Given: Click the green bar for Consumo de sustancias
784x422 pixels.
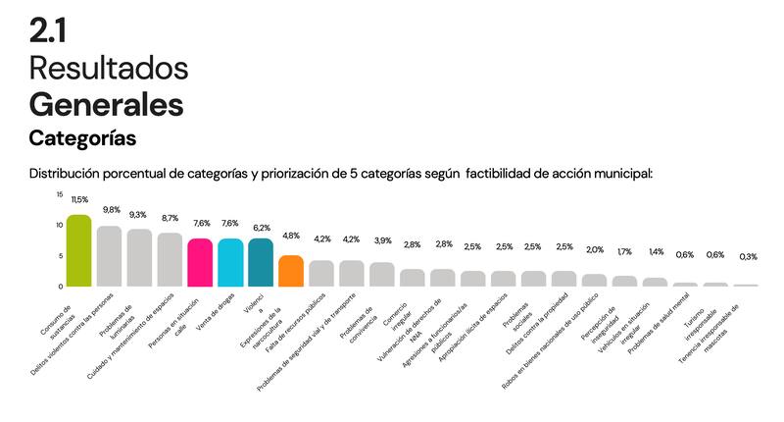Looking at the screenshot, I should (79, 251).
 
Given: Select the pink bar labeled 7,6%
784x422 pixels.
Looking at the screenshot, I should (200, 262).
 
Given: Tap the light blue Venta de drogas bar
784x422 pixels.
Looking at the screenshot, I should (230, 262).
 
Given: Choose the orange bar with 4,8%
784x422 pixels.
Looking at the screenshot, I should (291, 271).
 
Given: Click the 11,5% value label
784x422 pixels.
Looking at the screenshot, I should (79, 199).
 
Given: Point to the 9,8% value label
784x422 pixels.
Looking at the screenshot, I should (110, 209).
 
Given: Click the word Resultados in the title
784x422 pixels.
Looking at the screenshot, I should (108, 68).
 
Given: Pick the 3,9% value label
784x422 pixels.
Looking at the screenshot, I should (382, 241).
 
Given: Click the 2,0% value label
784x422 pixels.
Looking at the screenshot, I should (595, 249).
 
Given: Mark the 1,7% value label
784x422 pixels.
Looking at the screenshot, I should (624, 252).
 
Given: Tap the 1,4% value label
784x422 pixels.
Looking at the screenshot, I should (655, 252).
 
